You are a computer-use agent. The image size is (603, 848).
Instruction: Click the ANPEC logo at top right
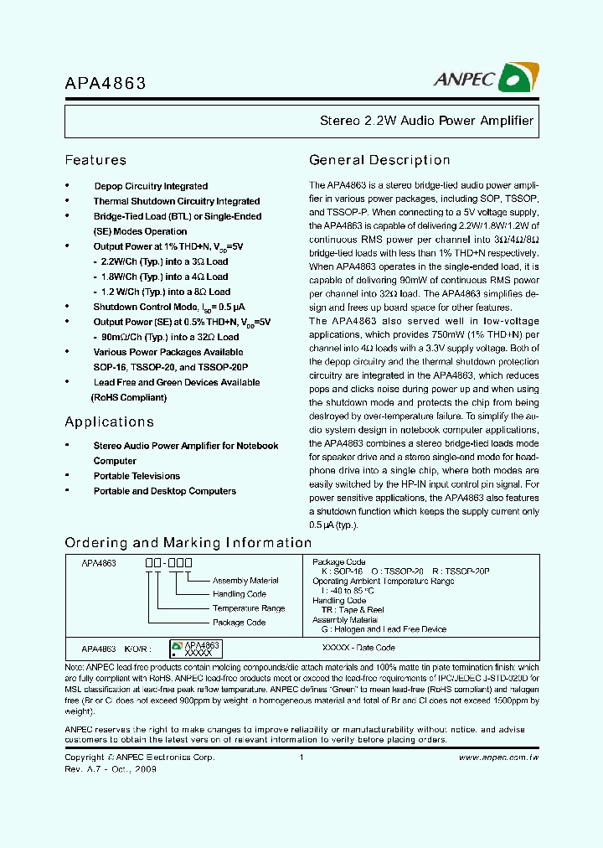[485, 79]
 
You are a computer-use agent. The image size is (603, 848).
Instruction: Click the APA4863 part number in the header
[106, 84]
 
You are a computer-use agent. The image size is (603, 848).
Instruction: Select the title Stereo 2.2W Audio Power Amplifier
[426, 121]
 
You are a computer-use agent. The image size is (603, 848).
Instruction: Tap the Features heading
[95, 160]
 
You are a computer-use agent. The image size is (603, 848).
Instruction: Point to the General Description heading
[379, 160]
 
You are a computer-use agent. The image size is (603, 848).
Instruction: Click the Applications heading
[109, 421]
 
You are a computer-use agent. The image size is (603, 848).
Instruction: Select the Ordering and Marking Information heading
[188, 542]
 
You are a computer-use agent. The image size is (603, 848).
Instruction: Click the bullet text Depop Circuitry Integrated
[151, 186]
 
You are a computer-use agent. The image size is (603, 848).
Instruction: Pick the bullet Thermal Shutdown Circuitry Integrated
[176, 201]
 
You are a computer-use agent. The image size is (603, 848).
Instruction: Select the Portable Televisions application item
[137, 476]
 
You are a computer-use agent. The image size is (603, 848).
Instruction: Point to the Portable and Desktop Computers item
[164, 491]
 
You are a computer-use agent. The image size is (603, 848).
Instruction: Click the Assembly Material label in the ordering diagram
[245, 581]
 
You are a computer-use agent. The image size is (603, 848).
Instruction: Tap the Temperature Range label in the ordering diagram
[249, 608]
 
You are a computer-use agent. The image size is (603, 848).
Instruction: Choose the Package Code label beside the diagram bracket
[239, 623]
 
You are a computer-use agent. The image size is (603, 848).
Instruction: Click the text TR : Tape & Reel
[352, 610]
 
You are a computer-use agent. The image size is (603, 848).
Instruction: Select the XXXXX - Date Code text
[358, 648]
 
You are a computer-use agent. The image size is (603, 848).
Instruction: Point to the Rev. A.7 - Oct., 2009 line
[111, 768]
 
